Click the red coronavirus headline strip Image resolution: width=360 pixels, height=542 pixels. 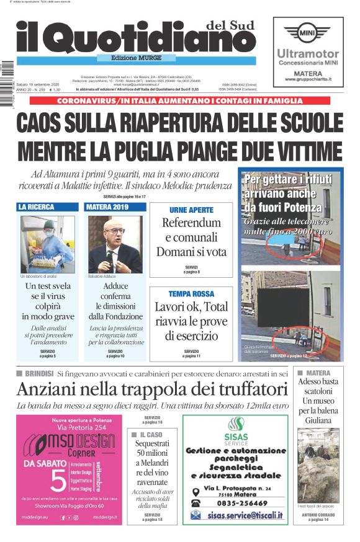[x=180, y=101]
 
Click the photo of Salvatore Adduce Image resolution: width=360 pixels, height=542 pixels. [x=115, y=244]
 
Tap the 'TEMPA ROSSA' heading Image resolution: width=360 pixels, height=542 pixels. [x=191, y=293]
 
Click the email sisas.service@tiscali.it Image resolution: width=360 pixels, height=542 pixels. [x=245, y=515]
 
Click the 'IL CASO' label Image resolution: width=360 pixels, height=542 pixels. [x=150, y=435]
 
